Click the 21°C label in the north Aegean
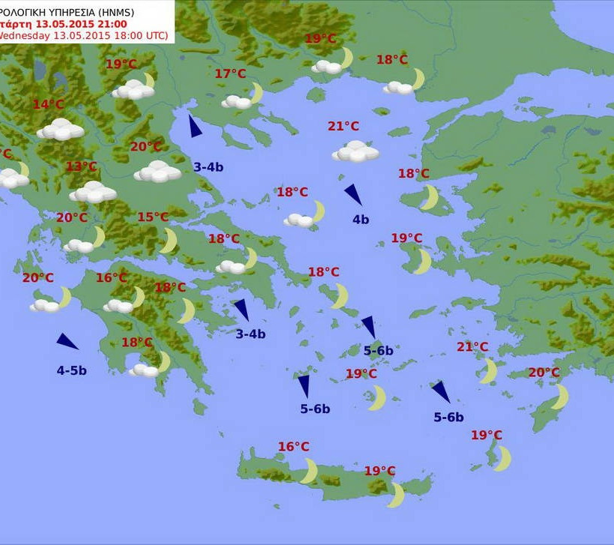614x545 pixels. point(343,126)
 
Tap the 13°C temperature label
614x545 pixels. point(82,166)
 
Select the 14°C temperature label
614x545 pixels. point(48,104)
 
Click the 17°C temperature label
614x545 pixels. point(230,73)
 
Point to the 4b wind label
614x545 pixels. point(361,220)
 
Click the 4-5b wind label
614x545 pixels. point(72,370)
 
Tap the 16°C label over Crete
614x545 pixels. point(294,447)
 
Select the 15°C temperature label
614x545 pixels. point(153,217)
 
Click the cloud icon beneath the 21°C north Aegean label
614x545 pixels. point(356,152)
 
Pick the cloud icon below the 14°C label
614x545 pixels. point(61,130)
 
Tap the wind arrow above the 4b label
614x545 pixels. point(353,194)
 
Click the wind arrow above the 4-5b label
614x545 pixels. point(67,342)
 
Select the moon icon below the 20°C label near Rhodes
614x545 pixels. point(559,397)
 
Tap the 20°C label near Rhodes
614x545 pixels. point(544,373)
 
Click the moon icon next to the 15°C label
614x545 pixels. point(169,241)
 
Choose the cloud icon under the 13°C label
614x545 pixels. point(93,192)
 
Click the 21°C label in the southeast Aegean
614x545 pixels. point(472,346)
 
